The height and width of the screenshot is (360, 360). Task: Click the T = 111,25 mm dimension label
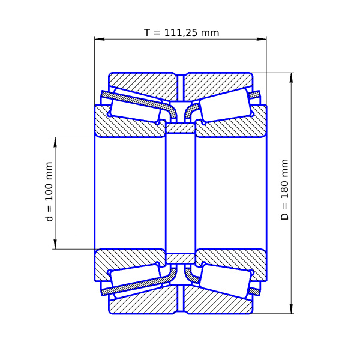coord(181,32)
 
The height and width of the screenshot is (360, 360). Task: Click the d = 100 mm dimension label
coord(49,192)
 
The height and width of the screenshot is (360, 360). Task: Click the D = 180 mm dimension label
coord(284,190)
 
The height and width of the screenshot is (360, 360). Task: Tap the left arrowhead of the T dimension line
coord(100,39)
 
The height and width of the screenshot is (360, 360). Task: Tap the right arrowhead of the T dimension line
coord(262,39)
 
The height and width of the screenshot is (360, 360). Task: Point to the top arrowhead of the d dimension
coord(55,142)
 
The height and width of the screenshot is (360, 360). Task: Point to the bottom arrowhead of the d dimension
coord(55,244)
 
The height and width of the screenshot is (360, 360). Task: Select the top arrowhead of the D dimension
coord(291,78)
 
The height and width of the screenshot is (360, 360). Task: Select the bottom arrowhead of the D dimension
coord(291,308)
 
